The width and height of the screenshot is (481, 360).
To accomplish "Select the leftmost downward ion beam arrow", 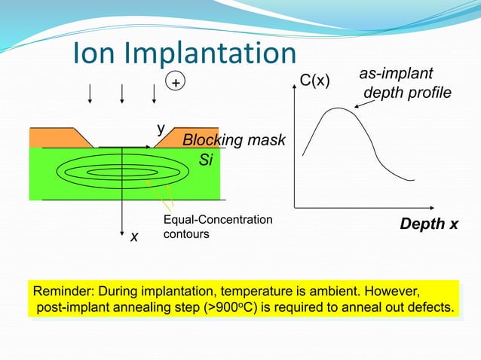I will point(90,92).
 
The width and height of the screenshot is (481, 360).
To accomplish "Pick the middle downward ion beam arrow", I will point(121,92).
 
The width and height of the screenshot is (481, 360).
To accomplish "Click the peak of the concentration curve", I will point(337,108).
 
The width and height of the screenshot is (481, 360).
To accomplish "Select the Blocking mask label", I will point(234,141).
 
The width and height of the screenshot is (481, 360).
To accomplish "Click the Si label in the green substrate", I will point(206,160).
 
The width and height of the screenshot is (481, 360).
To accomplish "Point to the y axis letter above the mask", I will point(161,129).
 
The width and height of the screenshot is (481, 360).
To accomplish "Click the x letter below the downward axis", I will point(133,236).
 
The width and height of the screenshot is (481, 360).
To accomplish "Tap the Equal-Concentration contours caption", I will point(218,227).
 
